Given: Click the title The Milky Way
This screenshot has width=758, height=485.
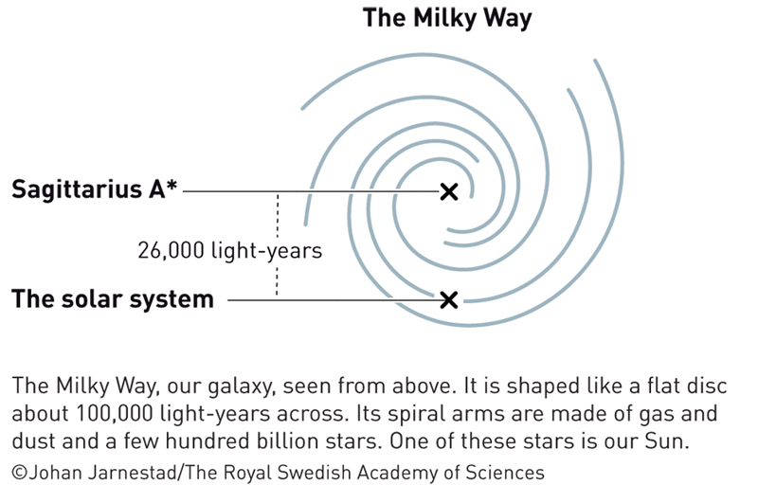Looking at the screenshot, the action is (x=447, y=18).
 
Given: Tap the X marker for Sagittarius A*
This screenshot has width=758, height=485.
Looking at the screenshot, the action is (x=449, y=191).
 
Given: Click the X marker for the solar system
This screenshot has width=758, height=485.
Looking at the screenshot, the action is (x=449, y=300).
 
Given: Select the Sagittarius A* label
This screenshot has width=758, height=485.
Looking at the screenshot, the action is (x=94, y=189).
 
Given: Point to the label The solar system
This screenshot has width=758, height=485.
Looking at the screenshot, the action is (x=113, y=298).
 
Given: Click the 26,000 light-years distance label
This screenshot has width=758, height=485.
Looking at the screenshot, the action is (x=229, y=250).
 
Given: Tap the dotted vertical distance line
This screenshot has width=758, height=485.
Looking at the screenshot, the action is (x=277, y=245).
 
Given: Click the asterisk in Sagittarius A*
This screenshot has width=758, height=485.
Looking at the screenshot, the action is (x=171, y=185).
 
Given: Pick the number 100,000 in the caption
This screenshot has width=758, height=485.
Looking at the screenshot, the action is (x=115, y=414).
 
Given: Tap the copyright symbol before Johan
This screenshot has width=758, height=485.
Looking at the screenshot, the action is (x=19, y=472).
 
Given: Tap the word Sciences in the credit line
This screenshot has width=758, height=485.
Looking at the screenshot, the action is (x=505, y=472).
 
